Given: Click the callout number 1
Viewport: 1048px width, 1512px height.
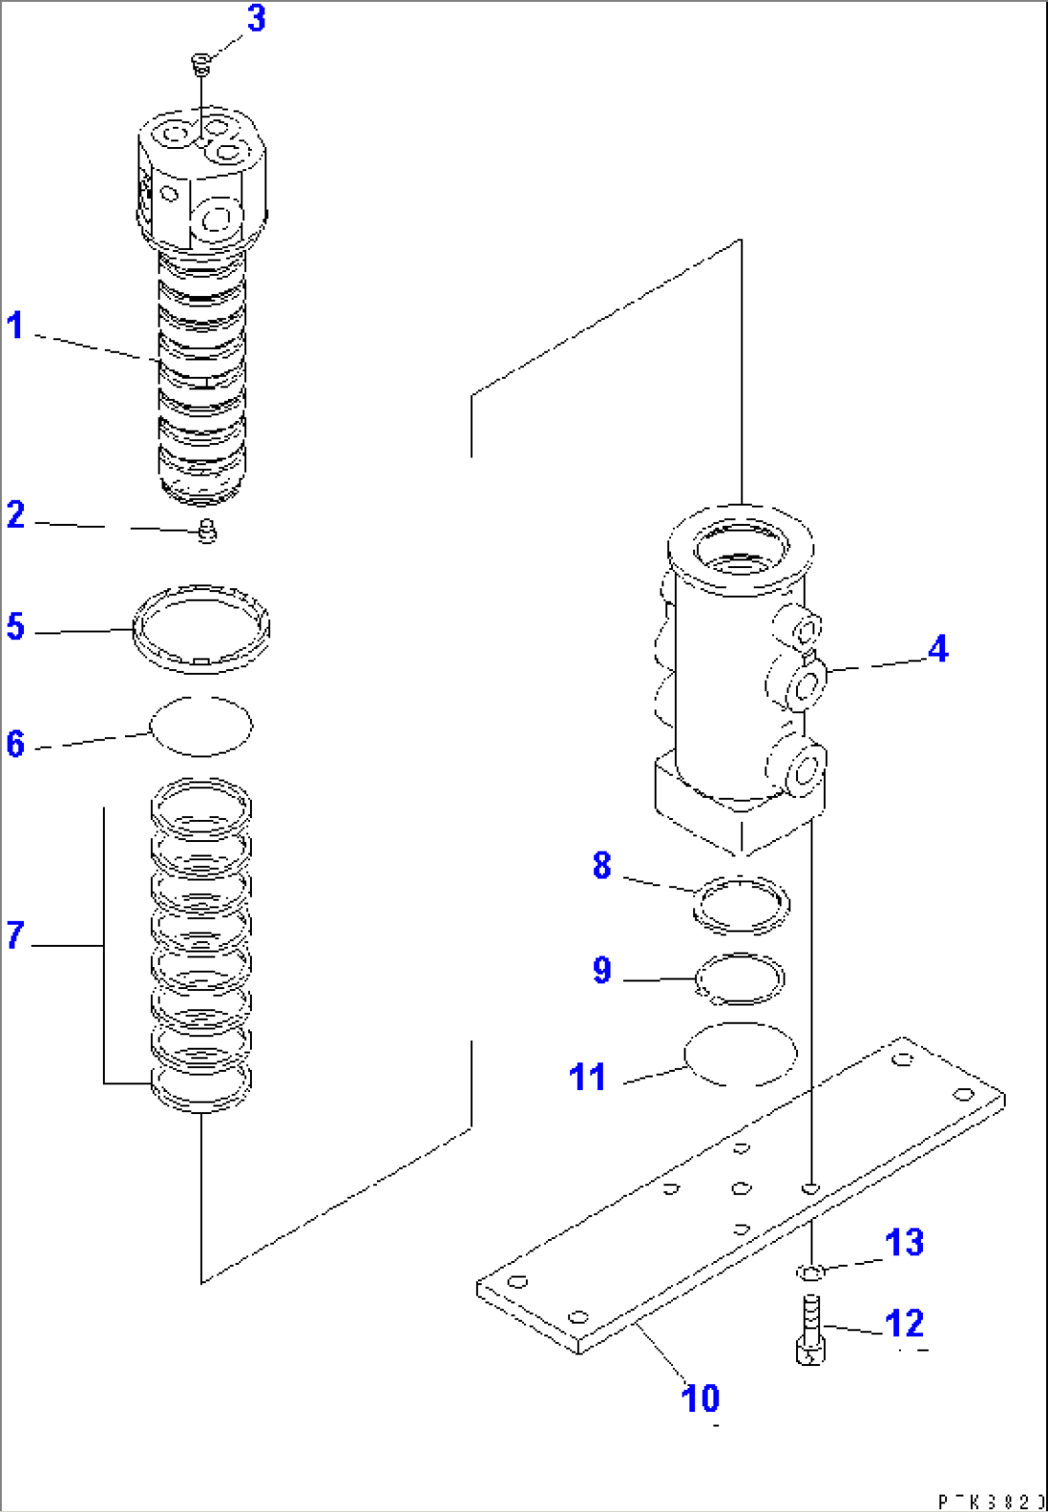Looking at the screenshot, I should coord(15,326).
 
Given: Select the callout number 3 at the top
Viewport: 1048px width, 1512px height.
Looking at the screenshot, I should coord(256,18).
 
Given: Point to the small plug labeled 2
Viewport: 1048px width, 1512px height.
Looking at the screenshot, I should coord(207,531).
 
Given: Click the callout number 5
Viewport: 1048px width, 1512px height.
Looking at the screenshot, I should coord(15,627).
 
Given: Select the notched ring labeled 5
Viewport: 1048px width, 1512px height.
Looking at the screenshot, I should coord(201,630).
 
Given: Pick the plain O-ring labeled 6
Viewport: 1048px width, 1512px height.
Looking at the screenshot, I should coord(202,726).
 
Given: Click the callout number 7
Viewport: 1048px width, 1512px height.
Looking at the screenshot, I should coord(15,935).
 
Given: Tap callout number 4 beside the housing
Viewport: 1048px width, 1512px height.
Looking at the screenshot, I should coord(937,649).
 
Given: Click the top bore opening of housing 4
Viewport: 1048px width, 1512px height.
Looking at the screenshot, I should coord(739,552).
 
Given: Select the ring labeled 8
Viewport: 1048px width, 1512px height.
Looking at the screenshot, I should coord(741,905).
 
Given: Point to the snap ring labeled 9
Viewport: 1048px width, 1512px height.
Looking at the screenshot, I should coord(739,979).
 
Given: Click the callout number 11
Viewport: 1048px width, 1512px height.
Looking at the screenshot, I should coord(587,1077).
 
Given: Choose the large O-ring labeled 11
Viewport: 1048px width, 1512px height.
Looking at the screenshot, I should coord(740,1053).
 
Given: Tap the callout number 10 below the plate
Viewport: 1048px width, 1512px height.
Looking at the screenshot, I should coord(701,1399).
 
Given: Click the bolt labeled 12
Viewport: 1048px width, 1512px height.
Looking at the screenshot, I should coord(811,1330).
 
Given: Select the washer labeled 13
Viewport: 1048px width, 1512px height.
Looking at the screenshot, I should coord(811,1273).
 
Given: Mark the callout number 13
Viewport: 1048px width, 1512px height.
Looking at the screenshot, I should coord(904,1243).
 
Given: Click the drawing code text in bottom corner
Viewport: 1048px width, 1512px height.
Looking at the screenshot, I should coord(990,1501).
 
